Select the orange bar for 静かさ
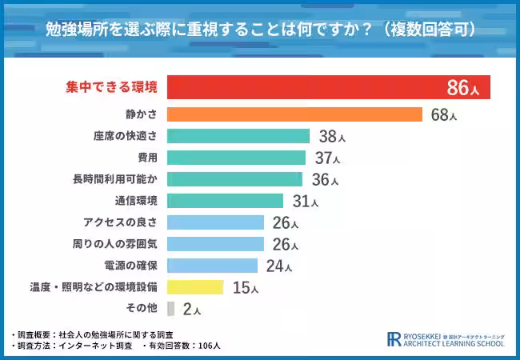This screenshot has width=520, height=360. click(295, 114)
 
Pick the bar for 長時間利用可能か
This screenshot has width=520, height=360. click(236, 179)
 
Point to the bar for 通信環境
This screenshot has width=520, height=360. click(226, 201)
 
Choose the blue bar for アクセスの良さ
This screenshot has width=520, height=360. click(216, 222)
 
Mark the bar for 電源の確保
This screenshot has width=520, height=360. click(213, 266)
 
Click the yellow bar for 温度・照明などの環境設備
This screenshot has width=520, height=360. click(196, 286)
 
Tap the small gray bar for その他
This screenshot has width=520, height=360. click(171, 308)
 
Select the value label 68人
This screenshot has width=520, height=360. click(443, 115)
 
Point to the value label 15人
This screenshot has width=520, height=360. click(244, 287)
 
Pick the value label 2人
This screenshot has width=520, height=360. click(191, 309)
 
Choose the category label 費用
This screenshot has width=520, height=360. click(146, 158)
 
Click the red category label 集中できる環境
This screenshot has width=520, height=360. click(111, 87)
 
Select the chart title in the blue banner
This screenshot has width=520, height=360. click(260, 30)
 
